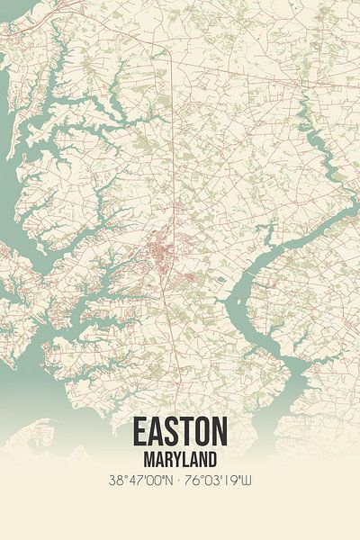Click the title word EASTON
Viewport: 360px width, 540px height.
click(180, 433)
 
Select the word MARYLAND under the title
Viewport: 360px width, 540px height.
click(180, 460)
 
